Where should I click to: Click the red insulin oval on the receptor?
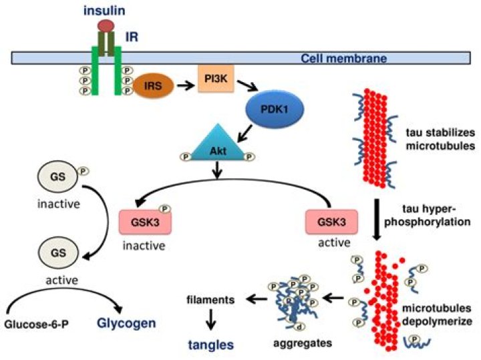pyautogui.click(x=105, y=25)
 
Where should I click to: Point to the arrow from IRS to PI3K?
pyautogui.click(x=184, y=84)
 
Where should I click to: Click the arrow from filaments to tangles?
pyautogui.click(x=210, y=322)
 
